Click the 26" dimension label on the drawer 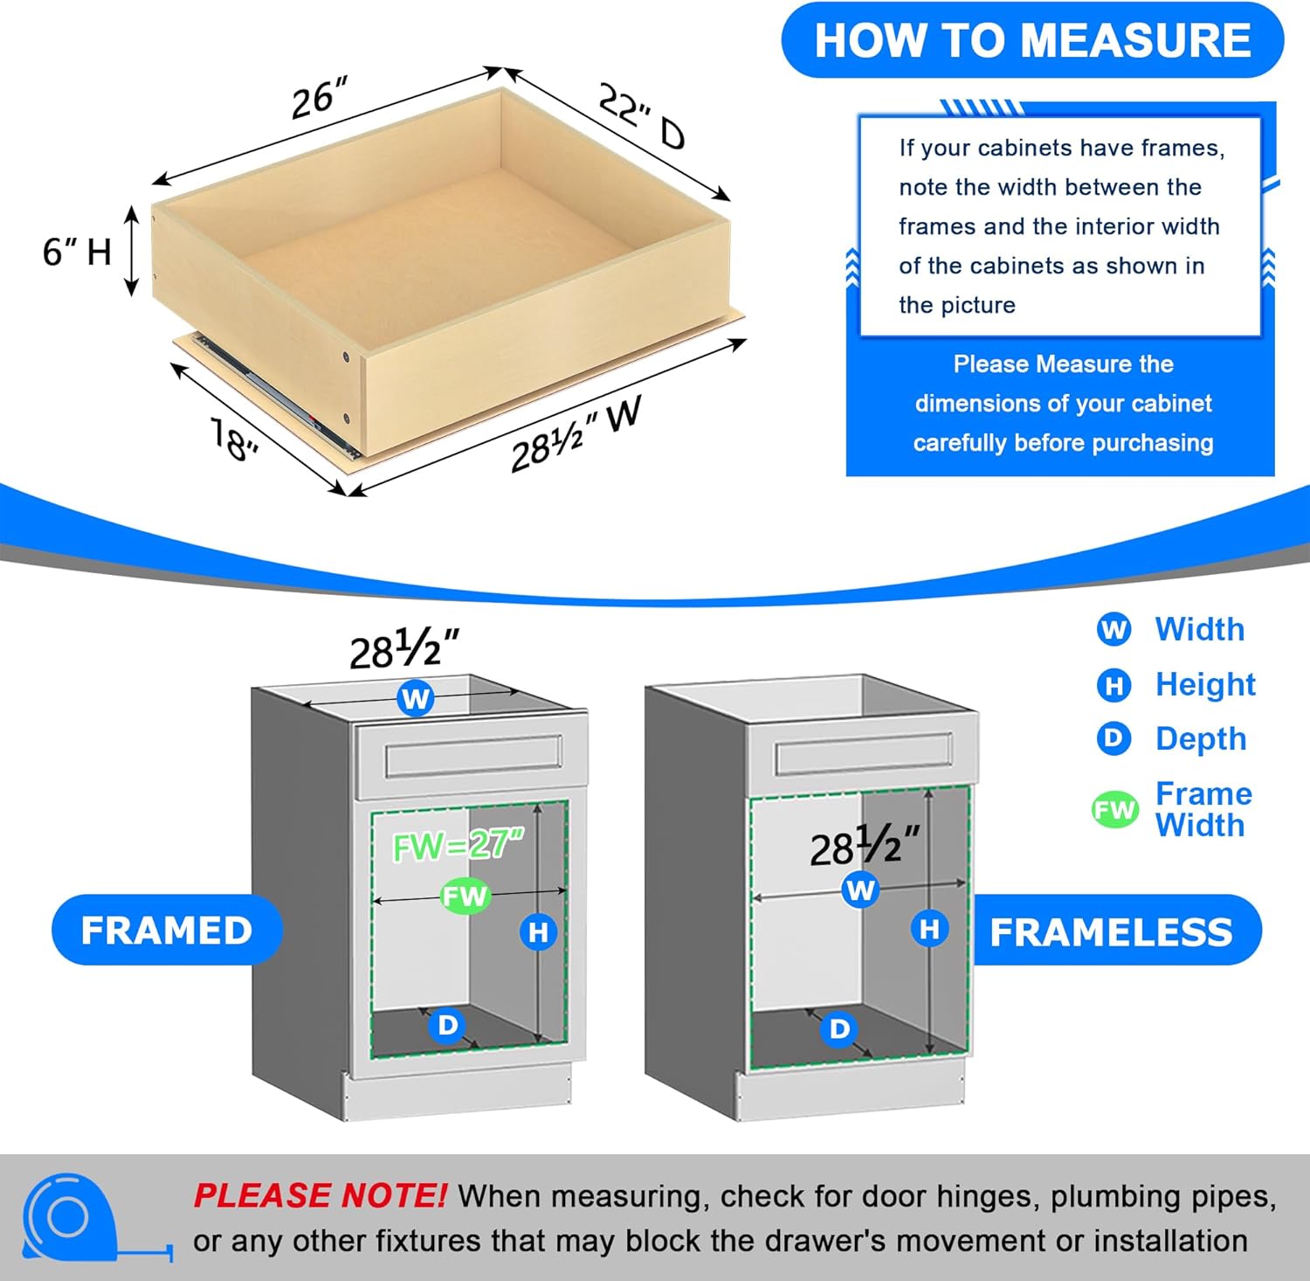pyautogui.click(x=319, y=97)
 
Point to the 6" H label pyautogui.click(x=77, y=252)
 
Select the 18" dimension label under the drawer pyautogui.click(x=234, y=439)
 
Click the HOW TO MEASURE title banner pyautogui.click(x=1032, y=40)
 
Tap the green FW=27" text pyautogui.click(x=458, y=845)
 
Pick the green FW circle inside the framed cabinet pyautogui.click(x=465, y=896)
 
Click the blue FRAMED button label pyautogui.click(x=166, y=930)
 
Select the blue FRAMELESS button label pyautogui.click(x=1111, y=931)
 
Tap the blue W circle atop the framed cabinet pyautogui.click(x=416, y=698)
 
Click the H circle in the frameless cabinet pyautogui.click(x=929, y=928)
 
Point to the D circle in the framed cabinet pyautogui.click(x=447, y=1025)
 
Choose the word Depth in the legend pyautogui.click(x=1201, y=738)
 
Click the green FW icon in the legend pyautogui.click(x=1114, y=810)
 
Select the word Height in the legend pyautogui.click(x=1205, y=684)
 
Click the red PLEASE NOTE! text pyautogui.click(x=320, y=1194)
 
